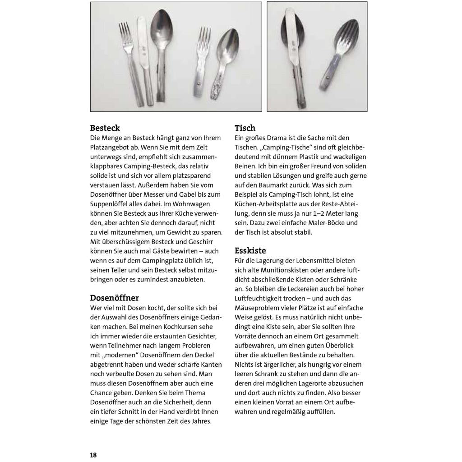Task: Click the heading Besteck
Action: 105,128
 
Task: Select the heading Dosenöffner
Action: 114,298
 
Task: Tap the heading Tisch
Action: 245,128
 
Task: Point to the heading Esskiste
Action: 250,250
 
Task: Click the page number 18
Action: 93,455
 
